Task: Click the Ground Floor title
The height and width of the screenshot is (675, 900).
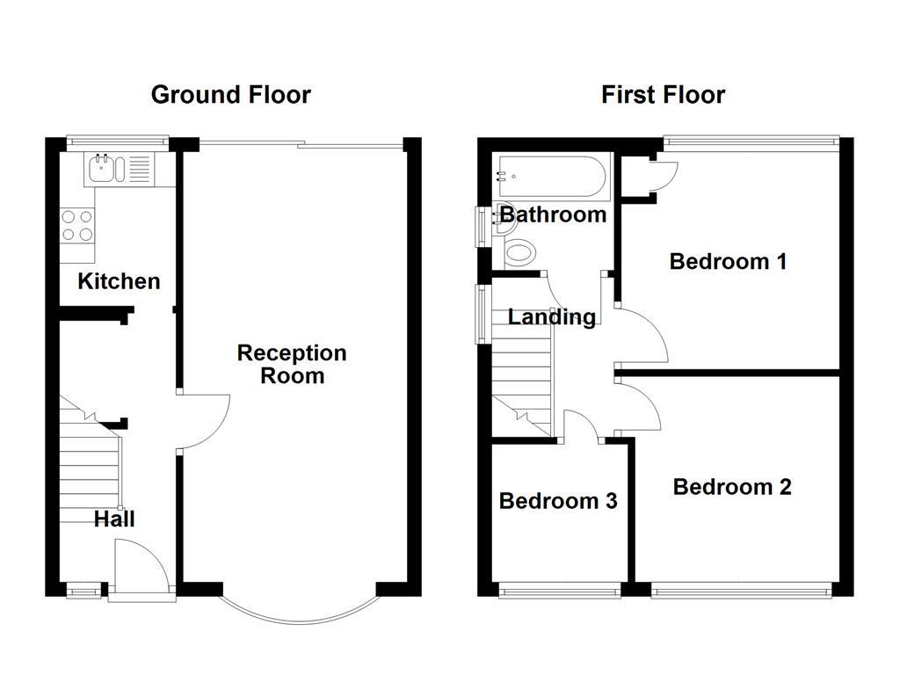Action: click(230, 95)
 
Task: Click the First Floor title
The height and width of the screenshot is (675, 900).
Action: click(663, 95)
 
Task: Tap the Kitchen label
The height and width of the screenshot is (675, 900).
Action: click(119, 281)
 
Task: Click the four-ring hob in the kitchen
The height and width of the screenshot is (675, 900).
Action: click(77, 225)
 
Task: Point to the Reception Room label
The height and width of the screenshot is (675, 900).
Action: click(292, 364)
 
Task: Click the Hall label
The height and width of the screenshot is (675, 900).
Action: click(114, 519)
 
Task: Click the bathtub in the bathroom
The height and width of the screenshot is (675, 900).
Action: click(552, 177)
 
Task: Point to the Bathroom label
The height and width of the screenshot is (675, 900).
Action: click(553, 214)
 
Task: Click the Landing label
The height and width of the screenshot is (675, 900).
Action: click(552, 316)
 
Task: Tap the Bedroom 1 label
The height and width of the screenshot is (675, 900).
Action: click(727, 261)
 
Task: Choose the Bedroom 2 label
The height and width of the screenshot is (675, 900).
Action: click(731, 486)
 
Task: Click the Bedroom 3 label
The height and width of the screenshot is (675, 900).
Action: click(557, 501)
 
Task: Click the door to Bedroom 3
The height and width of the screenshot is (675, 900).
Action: click(580, 426)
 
